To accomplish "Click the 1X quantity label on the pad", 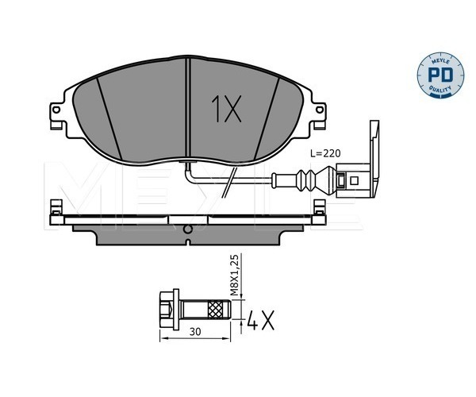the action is pos(226,109).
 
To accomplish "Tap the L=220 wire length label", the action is pos(325,153).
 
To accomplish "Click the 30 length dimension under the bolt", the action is pos(195,332).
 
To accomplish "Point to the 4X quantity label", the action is pos(261,320).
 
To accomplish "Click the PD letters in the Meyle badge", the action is pos(440,75).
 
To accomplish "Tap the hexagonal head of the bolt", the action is pos(167,309).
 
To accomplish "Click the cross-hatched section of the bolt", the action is pos(215,309).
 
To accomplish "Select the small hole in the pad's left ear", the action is pos(56,110).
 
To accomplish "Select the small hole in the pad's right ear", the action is pos(320,110).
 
